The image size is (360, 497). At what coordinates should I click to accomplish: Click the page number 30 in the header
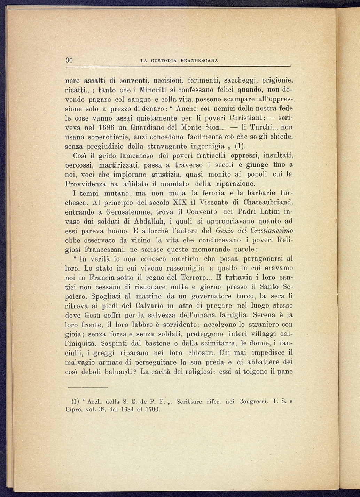[69, 60]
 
